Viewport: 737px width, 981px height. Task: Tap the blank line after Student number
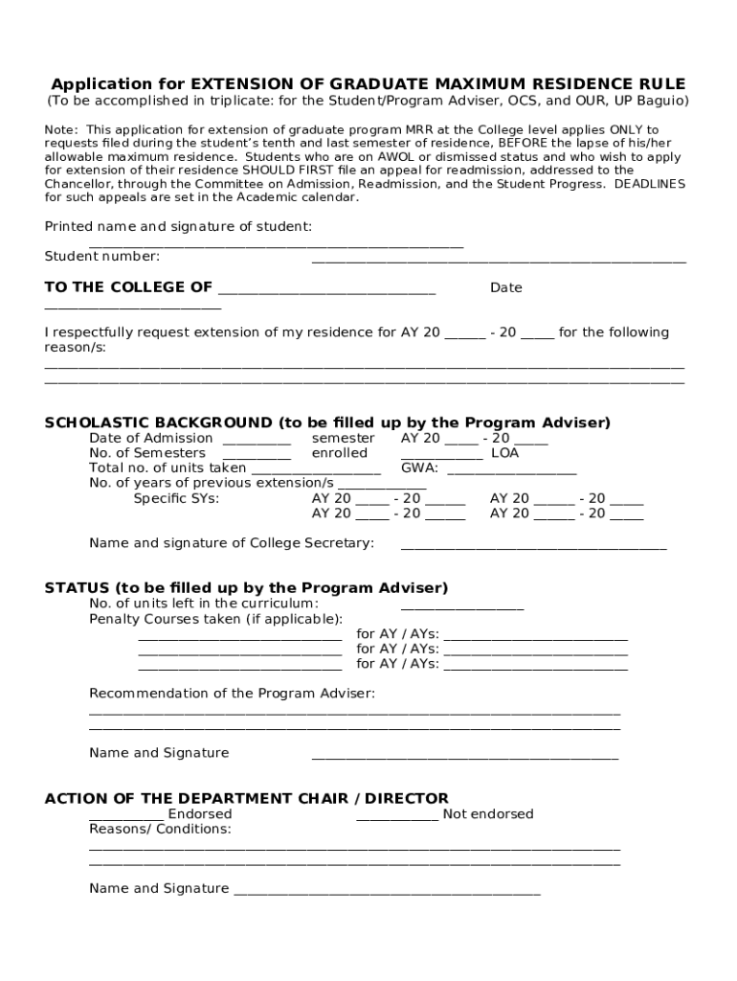point(498,259)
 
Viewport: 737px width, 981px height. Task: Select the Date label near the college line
point(506,288)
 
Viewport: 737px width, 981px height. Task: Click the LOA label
point(504,453)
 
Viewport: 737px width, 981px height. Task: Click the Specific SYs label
point(176,498)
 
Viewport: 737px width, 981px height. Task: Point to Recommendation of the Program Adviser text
point(232,693)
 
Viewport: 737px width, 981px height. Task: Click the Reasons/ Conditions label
point(160,829)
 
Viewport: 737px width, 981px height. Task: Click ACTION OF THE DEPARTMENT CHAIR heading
point(246,798)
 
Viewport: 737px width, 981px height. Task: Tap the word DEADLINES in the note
point(650,183)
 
